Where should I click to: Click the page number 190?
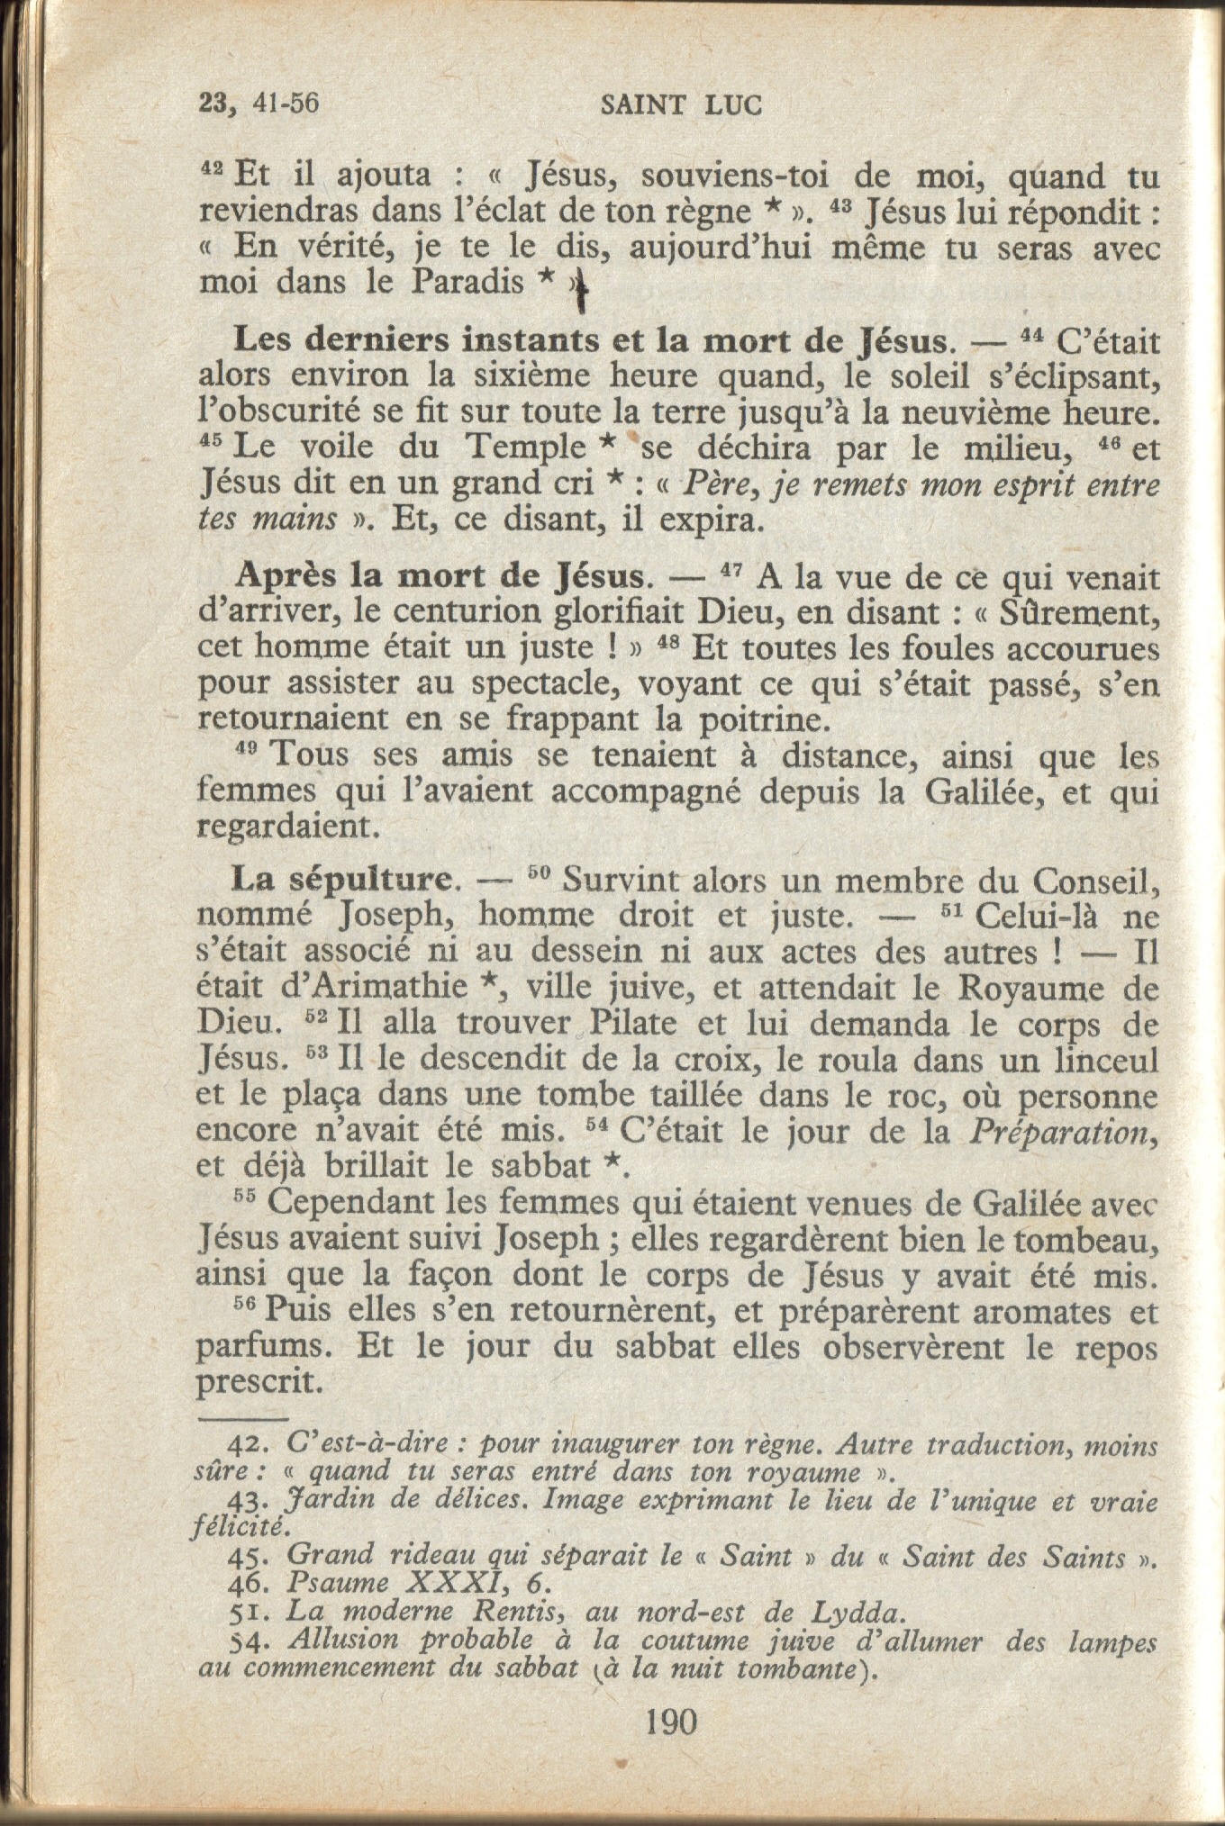tap(671, 1722)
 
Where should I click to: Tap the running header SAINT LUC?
tap(681, 106)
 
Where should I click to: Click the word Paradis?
tap(467, 283)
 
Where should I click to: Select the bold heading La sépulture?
tap(341, 880)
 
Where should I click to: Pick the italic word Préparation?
tap(1063, 1132)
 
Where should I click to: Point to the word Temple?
tap(525, 447)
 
